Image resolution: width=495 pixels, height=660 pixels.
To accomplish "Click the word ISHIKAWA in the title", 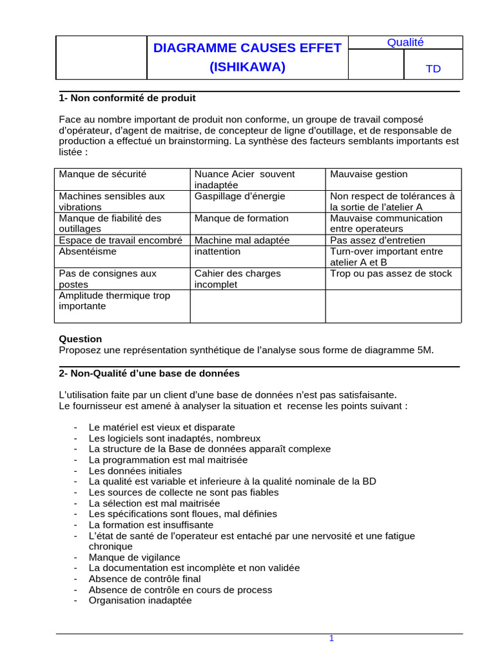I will point(247,66).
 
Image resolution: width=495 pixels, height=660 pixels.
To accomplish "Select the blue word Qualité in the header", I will point(405,43).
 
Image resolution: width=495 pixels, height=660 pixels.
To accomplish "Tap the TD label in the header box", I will point(434,69).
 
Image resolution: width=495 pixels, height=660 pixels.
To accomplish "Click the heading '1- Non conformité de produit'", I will point(127,99).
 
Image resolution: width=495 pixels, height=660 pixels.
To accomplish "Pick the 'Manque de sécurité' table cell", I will point(102,174).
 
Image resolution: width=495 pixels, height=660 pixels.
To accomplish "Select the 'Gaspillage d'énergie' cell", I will point(240,196).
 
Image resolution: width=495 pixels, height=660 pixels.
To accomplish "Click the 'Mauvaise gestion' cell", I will point(369,174).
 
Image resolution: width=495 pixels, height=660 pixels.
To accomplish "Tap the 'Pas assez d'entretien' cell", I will point(377,240).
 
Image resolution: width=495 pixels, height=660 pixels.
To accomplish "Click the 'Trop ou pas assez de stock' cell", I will point(391,273).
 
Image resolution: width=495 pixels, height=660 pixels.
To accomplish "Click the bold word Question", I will point(80,339).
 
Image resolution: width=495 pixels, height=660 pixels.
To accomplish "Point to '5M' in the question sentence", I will point(425,350).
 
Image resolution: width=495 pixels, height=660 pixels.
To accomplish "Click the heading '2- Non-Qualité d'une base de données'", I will point(149,373).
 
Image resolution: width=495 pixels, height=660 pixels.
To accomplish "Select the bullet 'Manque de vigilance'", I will point(134,557).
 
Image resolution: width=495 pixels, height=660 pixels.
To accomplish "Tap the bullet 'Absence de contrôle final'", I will point(144,579).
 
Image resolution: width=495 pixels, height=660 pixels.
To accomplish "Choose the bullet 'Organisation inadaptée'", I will point(140,600).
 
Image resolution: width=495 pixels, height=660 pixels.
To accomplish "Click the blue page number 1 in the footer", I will point(331,638).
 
